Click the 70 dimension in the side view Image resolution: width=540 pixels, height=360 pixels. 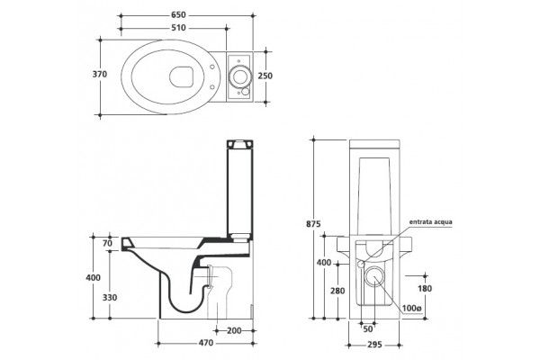[x=107, y=243]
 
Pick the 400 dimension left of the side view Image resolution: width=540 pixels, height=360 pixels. [x=93, y=278]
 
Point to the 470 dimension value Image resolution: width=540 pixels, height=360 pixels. [x=206, y=344]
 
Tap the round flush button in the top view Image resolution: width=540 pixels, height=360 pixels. [x=241, y=75]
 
